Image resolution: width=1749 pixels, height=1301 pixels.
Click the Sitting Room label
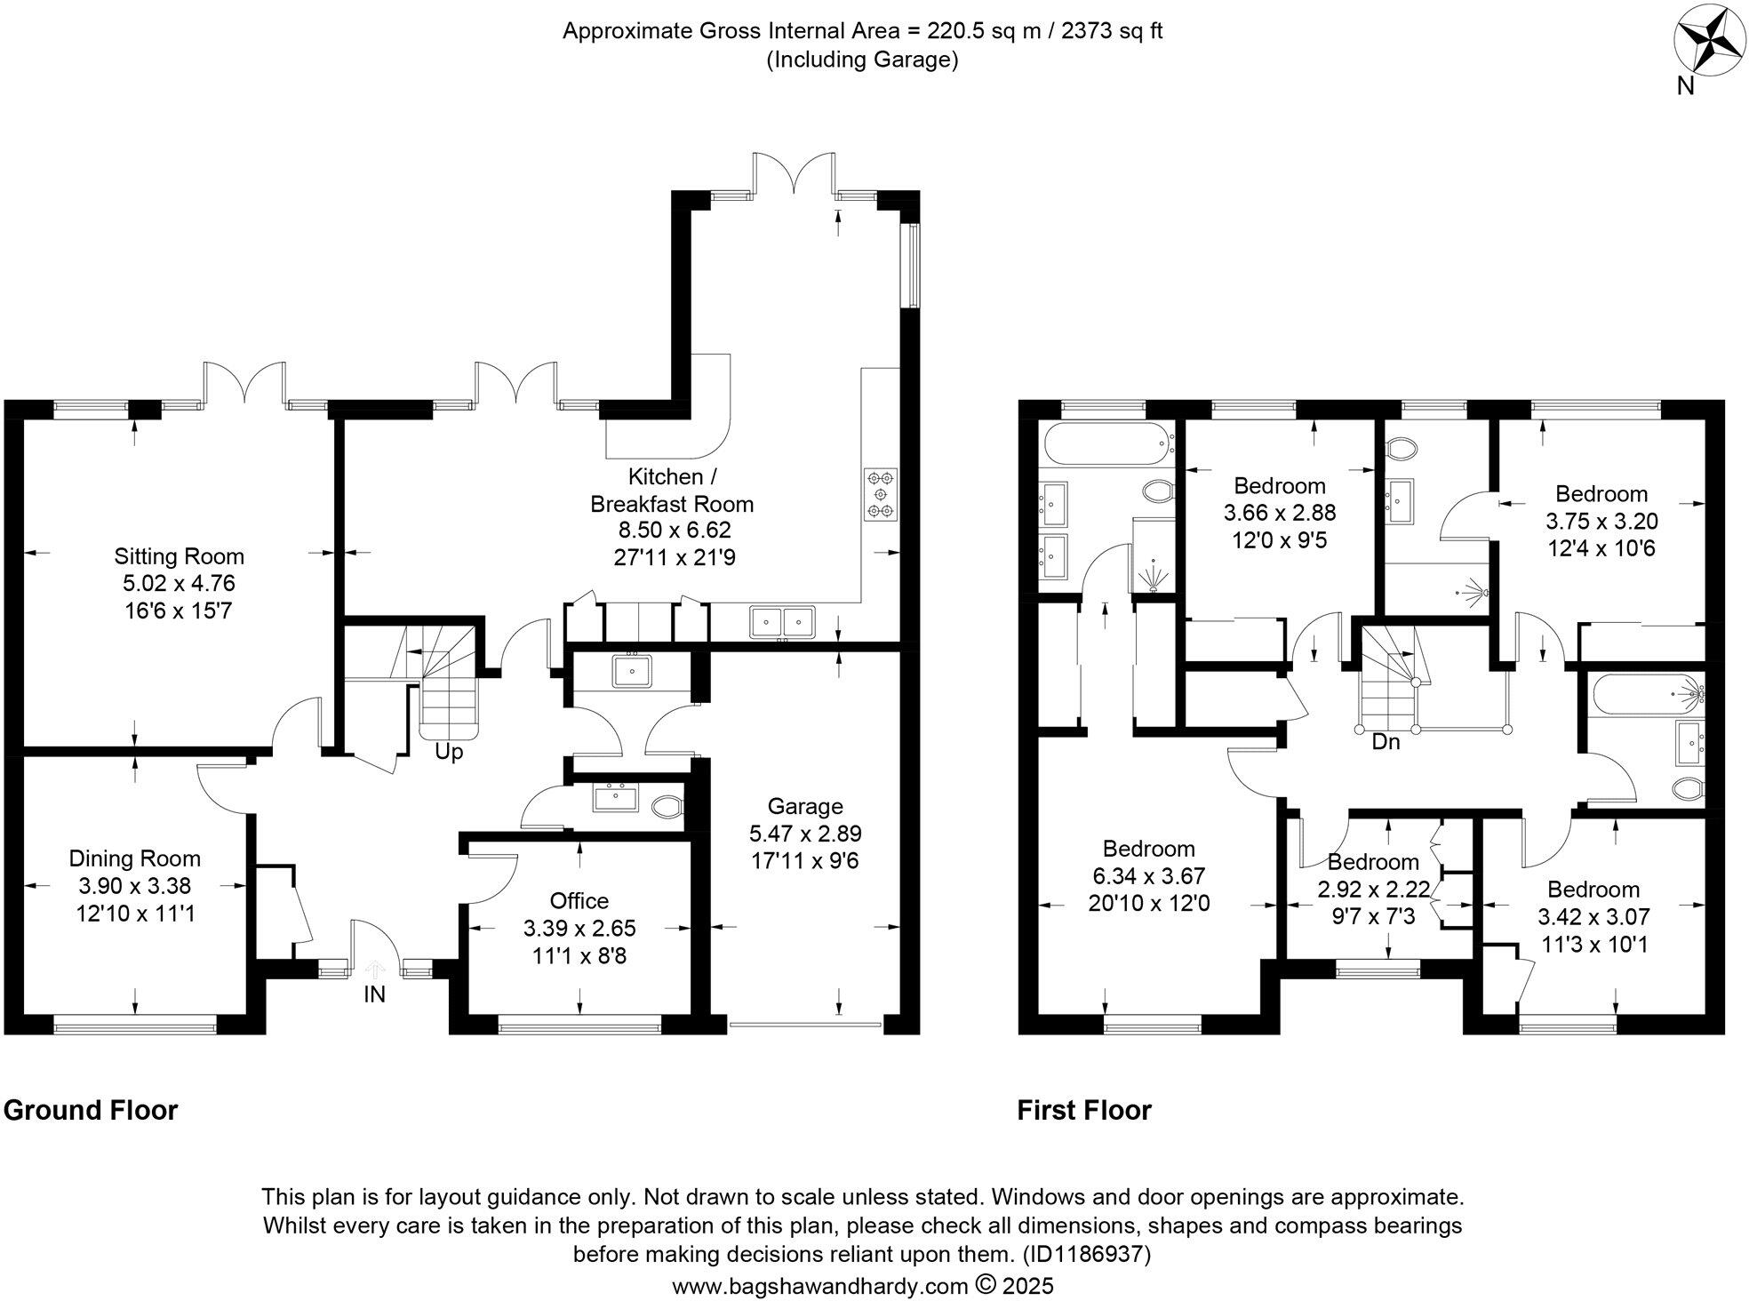pyautogui.click(x=179, y=557)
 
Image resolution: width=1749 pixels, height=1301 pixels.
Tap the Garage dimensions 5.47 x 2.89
pyautogui.click(x=805, y=834)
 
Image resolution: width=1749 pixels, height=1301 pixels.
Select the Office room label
pyautogui.click(x=579, y=901)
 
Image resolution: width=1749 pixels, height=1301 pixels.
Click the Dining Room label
pyautogui.click(x=135, y=858)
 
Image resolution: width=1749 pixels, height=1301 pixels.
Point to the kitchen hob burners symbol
pyautogui.click(x=881, y=494)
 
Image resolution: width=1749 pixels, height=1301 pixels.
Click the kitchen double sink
pyautogui.click(x=782, y=620)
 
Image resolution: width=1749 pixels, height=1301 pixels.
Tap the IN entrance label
pyautogui.click(x=374, y=994)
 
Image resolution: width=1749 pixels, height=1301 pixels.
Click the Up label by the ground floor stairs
pyautogui.click(x=449, y=752)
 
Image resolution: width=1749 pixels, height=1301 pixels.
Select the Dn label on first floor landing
pyautogui.click(x=1386, y=741)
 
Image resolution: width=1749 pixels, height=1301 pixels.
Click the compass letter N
pyautogui.click(x=1684, y=85)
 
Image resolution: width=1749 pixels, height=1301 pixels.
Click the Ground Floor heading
pyautogui.click(x=91, y=1111)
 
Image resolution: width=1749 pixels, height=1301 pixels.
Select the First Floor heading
pyautogui.click(x=1084, y=1111)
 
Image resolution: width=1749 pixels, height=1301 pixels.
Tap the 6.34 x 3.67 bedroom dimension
pyautogui.click(x=1148, y=876)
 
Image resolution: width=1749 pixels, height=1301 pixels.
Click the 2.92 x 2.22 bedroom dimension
pyautogui.click(x=1373, y=890)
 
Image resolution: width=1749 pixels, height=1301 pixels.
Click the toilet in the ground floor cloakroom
pyautogui.click(x=667, y=807)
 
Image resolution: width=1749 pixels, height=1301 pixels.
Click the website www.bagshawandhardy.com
pyautogui.click(x=819, y=1286)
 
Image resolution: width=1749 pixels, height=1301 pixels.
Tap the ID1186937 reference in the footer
pyautogui.click(x=1086, y=1255)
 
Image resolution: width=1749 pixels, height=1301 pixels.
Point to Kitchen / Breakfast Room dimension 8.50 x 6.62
pyautogui.click(x=674, y=531)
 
